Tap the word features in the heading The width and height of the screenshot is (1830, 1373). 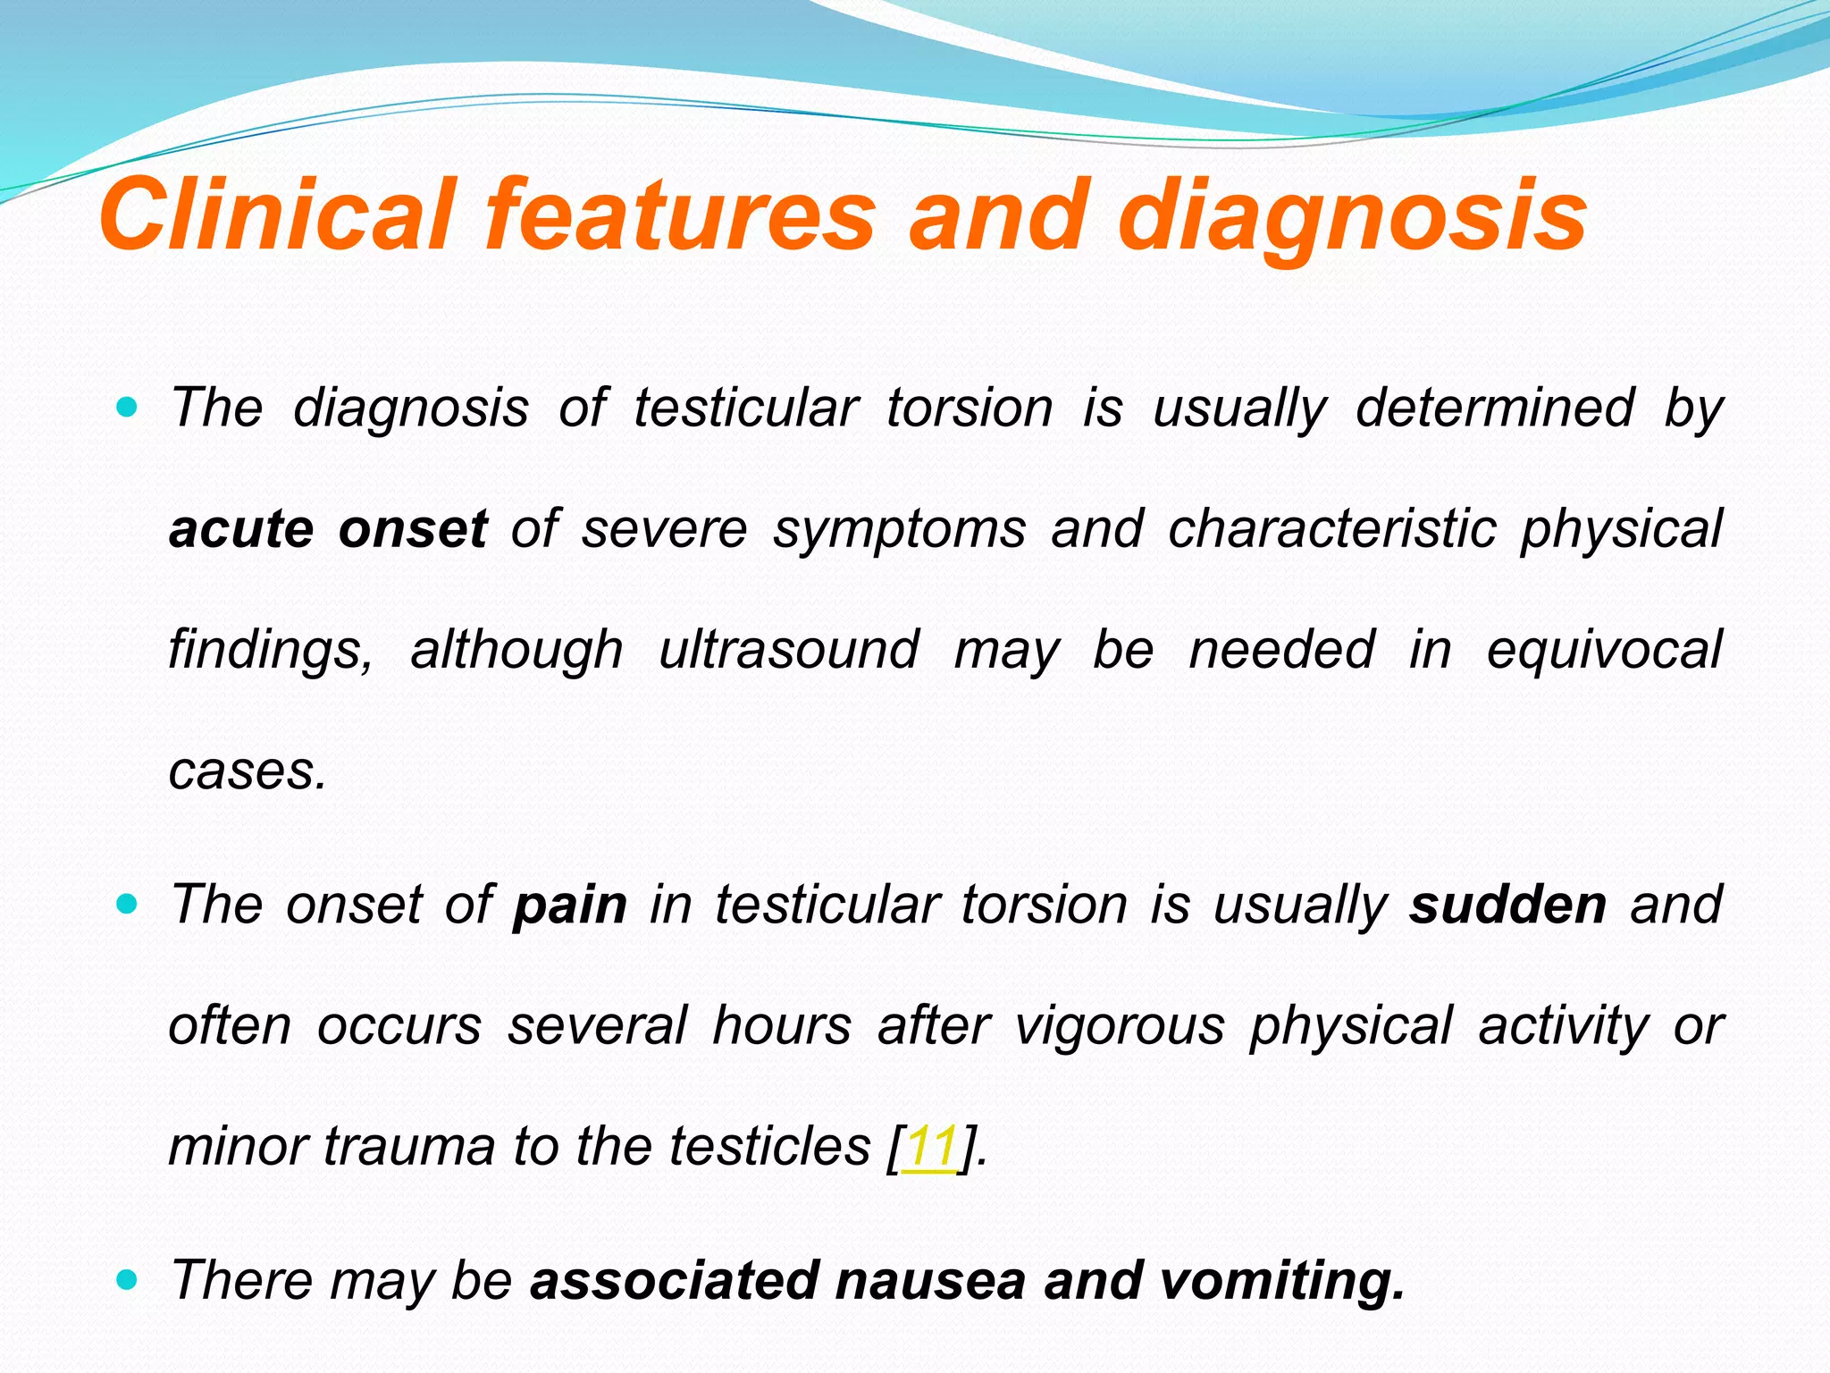(679, 215)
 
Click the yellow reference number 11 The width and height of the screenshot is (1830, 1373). (930, 1146)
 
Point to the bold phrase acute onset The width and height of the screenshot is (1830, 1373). (328, 528)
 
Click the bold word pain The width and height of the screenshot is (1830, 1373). (570, 905)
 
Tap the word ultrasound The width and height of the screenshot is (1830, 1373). (788, 649)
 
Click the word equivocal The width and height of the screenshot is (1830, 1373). (1604, 649)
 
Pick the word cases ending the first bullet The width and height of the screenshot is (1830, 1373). (247, 771)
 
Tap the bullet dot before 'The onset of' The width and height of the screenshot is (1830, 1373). (128, 906)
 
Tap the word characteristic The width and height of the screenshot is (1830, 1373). (1331, 528)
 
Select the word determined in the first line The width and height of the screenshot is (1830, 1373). (1495, 408)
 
